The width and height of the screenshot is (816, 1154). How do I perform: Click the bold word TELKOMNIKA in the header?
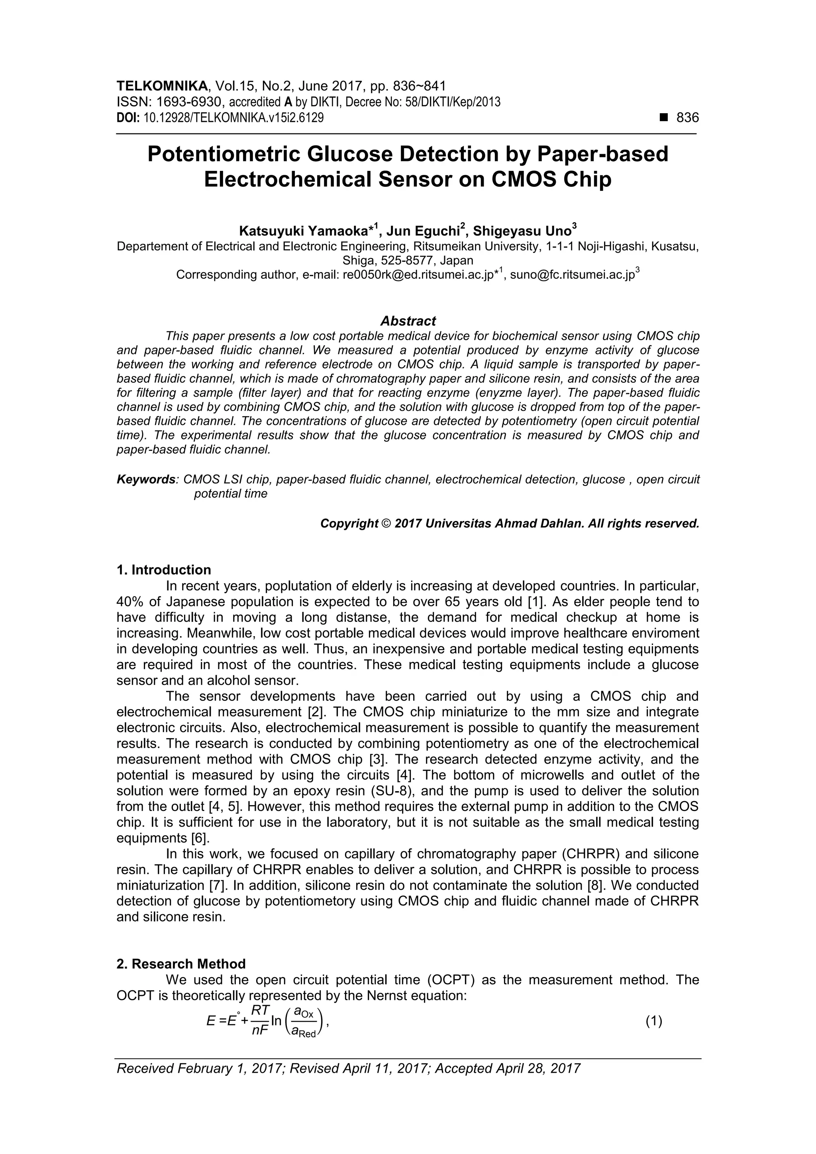pos(162,86)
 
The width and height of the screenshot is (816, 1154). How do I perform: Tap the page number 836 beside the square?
pos(687,118)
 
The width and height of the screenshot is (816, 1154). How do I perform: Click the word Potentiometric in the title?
pos(224,154)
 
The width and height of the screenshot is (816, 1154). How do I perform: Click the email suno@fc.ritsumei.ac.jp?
pos(572,275)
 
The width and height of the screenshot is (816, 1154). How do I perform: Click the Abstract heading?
pos(408,321)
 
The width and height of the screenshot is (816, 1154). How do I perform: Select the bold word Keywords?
pos(146,480)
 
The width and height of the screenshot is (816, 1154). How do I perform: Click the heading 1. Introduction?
pos(163,570)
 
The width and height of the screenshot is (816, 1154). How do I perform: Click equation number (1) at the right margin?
pos(653,1021)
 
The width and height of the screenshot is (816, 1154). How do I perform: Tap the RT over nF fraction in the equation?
pos(260,1021)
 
